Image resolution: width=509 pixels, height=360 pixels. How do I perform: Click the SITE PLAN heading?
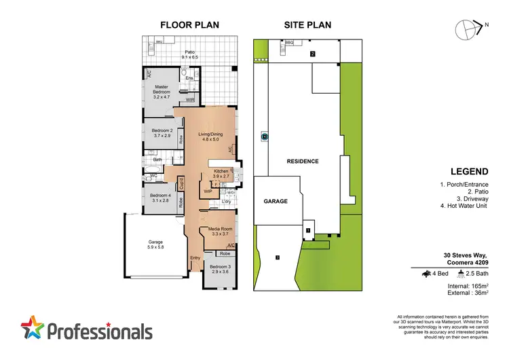coord(307,26)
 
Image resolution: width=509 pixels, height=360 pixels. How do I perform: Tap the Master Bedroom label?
coord(161,92)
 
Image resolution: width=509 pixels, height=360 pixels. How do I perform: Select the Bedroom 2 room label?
coord(162,133)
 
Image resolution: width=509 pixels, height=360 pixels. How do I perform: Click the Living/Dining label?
coord(210,138)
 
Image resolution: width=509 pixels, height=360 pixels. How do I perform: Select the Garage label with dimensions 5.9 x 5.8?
coord(156,245)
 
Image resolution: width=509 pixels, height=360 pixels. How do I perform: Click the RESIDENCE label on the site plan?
coord(302,161)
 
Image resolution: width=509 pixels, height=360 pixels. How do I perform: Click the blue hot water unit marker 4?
coord(263,136)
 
